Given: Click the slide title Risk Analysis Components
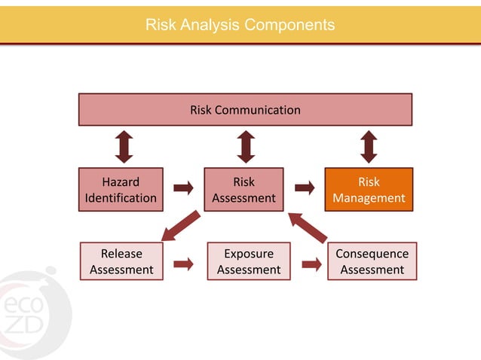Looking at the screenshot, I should coord(240,25).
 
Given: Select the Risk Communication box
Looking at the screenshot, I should coord(245,110).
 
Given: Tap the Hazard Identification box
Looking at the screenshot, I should coord(121,190).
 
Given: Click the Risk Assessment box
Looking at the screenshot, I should coord(244,190).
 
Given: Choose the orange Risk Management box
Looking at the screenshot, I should coord(369,190).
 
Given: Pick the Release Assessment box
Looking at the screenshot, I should coord(121,261).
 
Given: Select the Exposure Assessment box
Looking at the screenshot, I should coord(249,261).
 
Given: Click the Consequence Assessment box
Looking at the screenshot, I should coord(372,261).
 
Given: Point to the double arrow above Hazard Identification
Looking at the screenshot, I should coord(124,147).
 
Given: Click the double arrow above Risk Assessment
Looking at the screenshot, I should coord(246,147).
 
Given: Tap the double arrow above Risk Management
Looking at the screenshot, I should coord(369,147).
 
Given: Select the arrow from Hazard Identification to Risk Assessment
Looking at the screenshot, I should coord(183,188).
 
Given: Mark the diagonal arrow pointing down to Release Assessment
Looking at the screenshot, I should coord(181,226).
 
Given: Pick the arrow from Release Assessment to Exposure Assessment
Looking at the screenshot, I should coord(183,264).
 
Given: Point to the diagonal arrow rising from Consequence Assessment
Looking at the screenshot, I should coord(308,226).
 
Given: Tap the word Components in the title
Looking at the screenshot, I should coord(290,25).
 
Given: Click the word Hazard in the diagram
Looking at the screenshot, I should coord(121,182).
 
